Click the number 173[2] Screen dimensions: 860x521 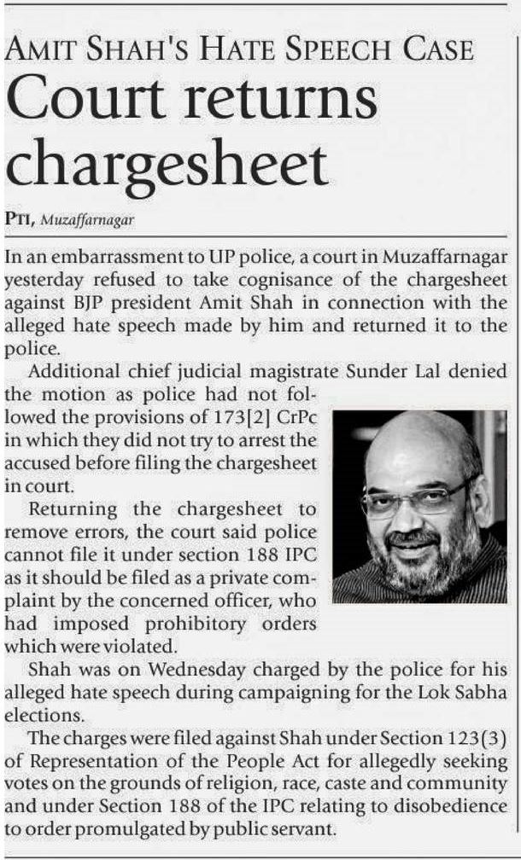tap(251, 418)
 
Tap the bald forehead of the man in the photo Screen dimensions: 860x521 tap(410, 452)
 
